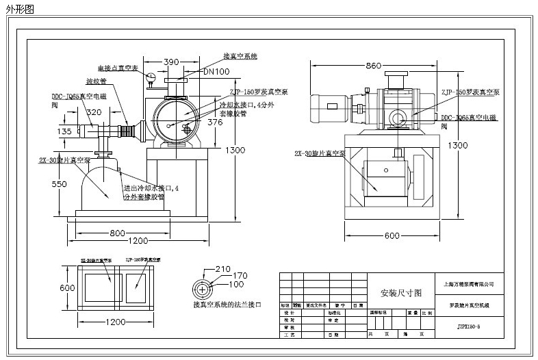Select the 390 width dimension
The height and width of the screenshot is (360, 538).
(x=172, y=62)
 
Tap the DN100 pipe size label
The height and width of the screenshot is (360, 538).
(x=216, y=71)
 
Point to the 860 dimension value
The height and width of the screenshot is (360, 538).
(x=373, y=66)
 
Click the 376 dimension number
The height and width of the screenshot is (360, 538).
(x=215, y=123)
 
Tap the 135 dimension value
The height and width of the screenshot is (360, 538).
(x=64, y=131)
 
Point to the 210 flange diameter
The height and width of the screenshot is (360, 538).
(x=224, y=268)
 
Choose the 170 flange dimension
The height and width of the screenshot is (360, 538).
(x=240, y=276)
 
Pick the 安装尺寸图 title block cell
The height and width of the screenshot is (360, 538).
(x=401, y=292)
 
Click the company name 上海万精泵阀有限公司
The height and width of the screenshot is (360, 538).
(x=469, y=283)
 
